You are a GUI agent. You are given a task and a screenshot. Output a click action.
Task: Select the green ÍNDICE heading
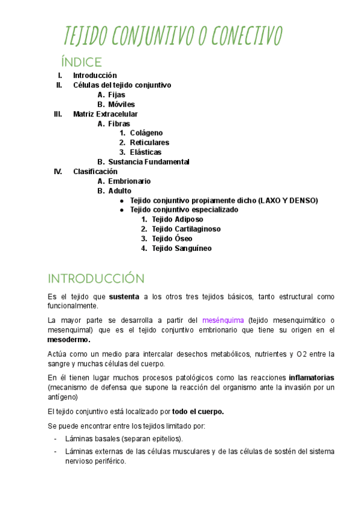81,62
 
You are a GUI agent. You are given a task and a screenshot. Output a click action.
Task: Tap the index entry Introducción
95,76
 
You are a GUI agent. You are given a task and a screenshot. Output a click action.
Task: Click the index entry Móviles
122,104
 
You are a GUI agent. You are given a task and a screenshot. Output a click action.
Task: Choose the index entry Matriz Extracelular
105,114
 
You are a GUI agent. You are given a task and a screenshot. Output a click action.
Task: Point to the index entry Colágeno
146,133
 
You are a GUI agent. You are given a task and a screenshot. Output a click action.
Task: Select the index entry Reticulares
149,143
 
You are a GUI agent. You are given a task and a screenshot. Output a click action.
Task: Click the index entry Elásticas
146,152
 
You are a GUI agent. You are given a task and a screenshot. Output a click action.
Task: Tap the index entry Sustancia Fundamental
149,162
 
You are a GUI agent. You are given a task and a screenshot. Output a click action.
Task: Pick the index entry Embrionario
130,181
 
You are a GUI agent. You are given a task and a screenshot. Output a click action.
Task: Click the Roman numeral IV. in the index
58,172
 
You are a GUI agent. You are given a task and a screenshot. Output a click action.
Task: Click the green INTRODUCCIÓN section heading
96,279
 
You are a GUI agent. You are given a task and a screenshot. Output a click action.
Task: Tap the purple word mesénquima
223,320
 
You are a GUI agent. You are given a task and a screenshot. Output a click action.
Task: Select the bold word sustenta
124,297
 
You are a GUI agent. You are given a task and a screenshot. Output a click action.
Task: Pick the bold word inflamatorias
311,378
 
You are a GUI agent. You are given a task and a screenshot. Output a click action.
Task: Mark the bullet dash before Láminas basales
56,439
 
